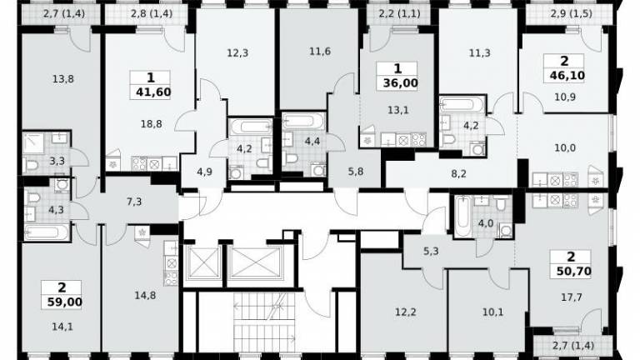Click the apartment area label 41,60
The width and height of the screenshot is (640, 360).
coord(153,92)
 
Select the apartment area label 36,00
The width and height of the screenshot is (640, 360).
coord(400,83)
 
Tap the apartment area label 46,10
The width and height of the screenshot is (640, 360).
coord(567,76)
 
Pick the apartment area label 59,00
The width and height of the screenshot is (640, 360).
coord(64,302)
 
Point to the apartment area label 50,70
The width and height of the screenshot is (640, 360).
coord(573,271)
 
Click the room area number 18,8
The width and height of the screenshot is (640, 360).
coord(151,124)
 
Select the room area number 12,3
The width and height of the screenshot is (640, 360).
coord(237,53)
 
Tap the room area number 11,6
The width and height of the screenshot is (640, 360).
coord(320,52)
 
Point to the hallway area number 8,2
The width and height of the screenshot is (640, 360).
coord(459,174)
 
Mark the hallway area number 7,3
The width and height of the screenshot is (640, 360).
coord(134,201)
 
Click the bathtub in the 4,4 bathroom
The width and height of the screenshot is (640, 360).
coord(303,121)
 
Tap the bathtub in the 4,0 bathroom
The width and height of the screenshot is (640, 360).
coord(462,217)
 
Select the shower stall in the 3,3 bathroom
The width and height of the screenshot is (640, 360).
coord(33,143)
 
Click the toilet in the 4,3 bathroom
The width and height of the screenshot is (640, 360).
coord(33,198)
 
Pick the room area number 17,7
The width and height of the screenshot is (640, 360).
coord(572,297)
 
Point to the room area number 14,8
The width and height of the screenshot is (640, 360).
coord(145,295)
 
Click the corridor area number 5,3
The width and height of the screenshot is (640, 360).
coord(431,252)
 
